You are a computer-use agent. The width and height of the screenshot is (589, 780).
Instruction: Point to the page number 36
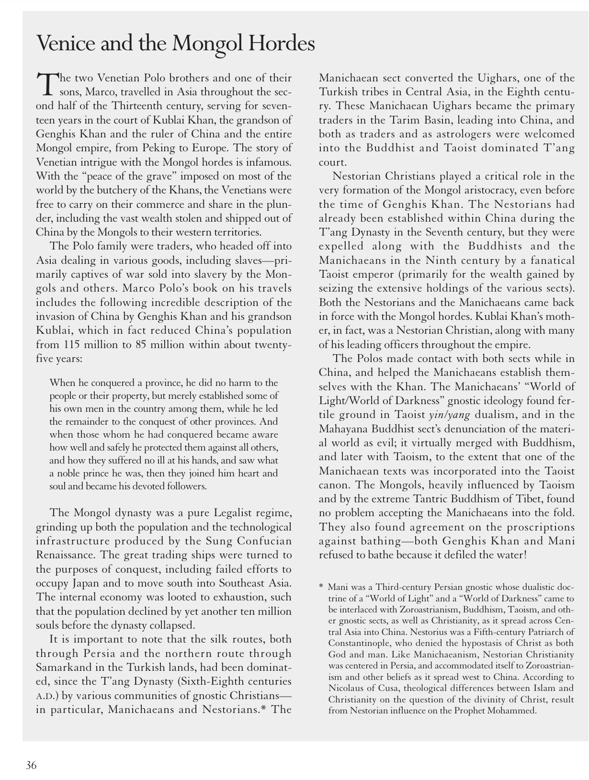click(31, 765)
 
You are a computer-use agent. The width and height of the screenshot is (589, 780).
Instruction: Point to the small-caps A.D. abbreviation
click(44, 696)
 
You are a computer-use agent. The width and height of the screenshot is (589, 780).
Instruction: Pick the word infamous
click(268, 162)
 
